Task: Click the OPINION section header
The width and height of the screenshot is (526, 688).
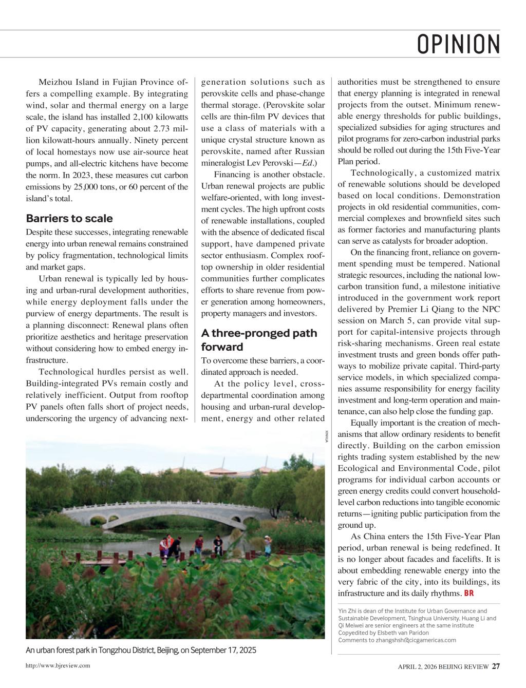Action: point(458,45)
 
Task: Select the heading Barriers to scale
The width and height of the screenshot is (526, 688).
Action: point(69,218)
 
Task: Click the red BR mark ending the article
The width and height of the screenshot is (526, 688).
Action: point(468,594)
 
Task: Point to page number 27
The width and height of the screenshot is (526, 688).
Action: point(496,666)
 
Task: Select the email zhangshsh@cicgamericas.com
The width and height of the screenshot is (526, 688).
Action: point(416,640)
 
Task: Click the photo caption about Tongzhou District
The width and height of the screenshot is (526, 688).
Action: point(141,651)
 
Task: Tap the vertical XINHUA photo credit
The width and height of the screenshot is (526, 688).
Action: point(327,435)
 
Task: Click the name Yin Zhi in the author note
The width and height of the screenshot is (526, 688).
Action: point(347,611)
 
